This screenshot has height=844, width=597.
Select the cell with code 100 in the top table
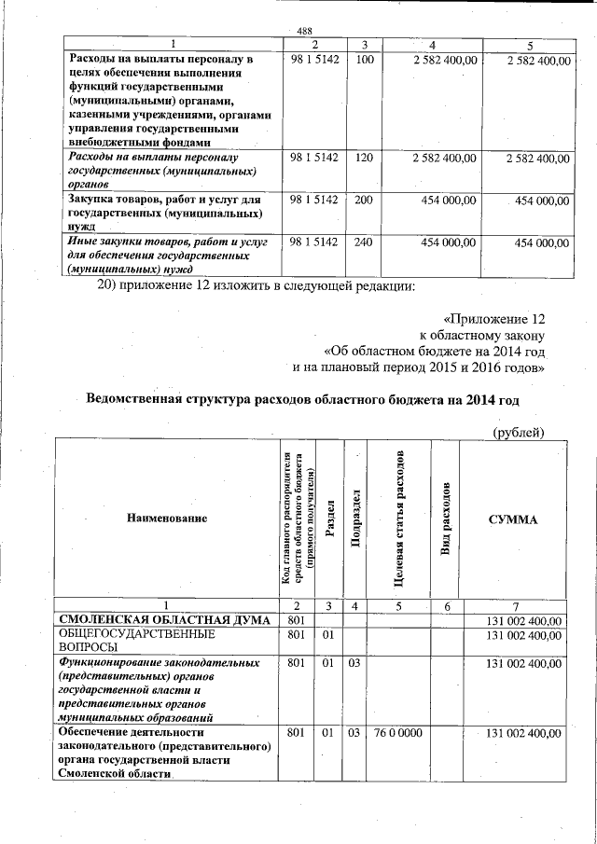click(365, 60)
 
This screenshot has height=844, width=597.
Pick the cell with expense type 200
click(365, 201)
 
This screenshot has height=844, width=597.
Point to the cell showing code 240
click(365, 242)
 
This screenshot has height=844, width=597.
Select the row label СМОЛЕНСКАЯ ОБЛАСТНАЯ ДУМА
click(164, 620)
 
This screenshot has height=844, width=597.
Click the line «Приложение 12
click(494, 318)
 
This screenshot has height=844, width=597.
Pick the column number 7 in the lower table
click(514, 606)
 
